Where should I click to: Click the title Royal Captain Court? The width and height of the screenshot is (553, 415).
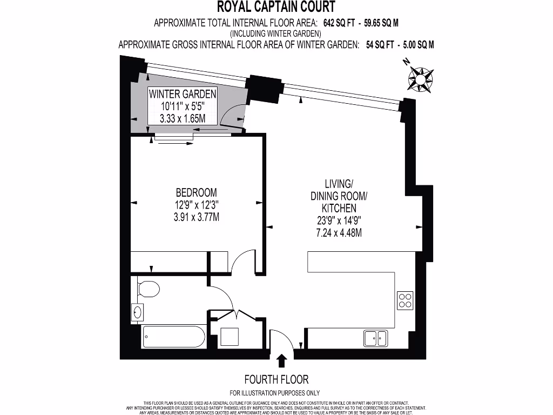point(276,7)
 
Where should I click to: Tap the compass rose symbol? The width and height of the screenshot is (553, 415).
point(420,78)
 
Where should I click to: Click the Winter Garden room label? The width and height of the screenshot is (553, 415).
point(183,93)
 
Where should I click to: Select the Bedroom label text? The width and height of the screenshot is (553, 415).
point(197,192)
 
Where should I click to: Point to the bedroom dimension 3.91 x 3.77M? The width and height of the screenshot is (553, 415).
point(197,217)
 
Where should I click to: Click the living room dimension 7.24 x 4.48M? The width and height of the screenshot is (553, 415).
point(339,233)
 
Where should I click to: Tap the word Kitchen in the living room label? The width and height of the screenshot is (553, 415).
point(339,208)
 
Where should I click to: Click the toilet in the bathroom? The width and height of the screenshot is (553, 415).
point(147,289)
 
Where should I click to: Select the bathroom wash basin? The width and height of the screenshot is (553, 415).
point(137,312)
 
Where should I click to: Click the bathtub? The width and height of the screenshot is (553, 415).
point(173,337)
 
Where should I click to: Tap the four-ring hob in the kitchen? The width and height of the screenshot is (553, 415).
point(405,300)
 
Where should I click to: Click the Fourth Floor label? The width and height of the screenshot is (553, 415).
point(276,379)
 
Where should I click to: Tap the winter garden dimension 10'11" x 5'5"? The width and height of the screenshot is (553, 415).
point(183,106)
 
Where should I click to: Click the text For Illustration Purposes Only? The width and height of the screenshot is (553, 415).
point(275,393)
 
